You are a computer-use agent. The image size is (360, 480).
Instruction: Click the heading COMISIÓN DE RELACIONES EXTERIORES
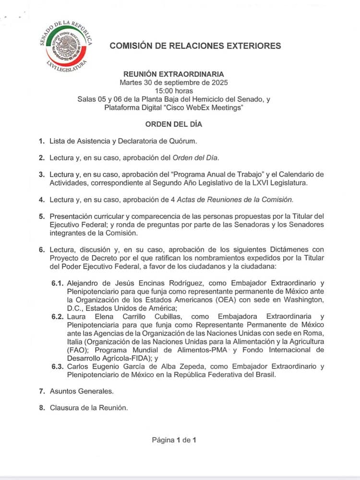coord(195,46)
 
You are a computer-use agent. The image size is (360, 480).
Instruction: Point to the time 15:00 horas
coord(173,90)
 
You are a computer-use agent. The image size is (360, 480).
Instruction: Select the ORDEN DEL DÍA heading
coord(174,124)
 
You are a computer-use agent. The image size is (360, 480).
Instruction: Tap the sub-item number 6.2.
coord(59,317)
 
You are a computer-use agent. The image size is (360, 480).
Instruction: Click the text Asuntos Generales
coord(82,391)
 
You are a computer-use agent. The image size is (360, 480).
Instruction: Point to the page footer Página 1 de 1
coord(174,439)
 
